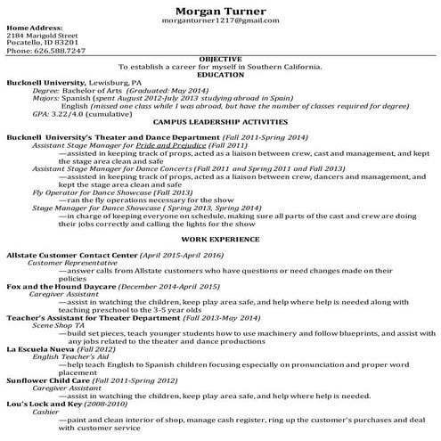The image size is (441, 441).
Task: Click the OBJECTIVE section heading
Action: [x=220, y=59]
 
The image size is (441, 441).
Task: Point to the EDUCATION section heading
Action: [x=220, y=74]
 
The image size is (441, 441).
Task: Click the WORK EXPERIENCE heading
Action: [x=220, y=240]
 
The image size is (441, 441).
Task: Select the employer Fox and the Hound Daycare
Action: [x=54, y=286]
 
